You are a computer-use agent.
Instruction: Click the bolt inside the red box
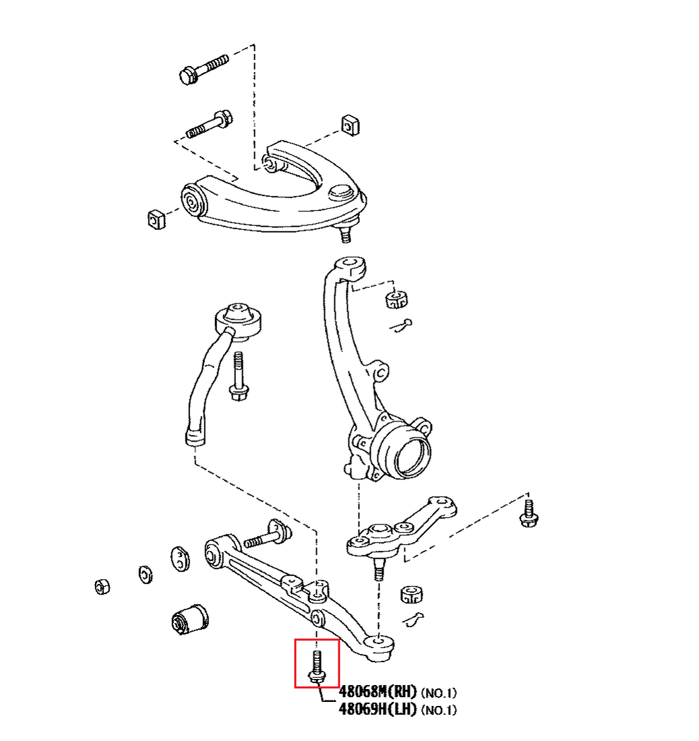coord(316,665)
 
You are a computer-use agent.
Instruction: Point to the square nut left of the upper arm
coord(156,219)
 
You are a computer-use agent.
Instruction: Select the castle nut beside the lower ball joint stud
coord(411,593)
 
